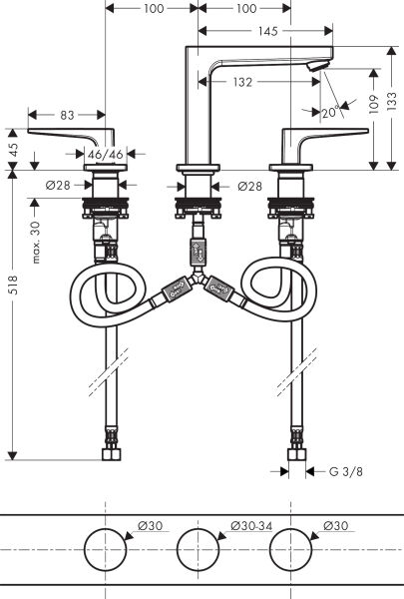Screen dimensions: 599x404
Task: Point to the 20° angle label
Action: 328,113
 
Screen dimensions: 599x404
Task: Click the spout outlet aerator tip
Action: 316,66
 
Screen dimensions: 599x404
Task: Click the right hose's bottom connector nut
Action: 296,453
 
